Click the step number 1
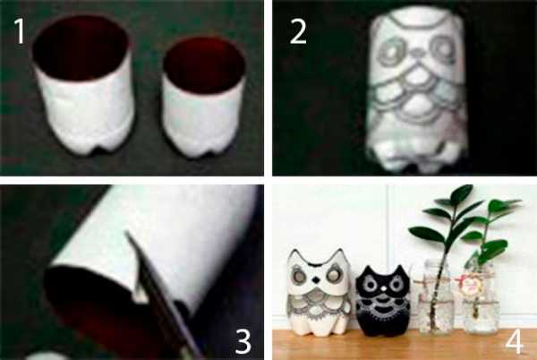tap(20, 31)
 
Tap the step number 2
tap(298, 32)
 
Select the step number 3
tap(243, 341)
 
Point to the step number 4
tap(515, 341)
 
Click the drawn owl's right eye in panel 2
tap(443, 49)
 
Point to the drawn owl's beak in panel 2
tap(418, 53)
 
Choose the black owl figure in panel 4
tap(383, 297)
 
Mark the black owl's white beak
tap(384, 289)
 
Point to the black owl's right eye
tap(396, 284)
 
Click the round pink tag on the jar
tap(468, 287)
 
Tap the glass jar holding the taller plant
tap(433, 296)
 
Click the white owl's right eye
tap(333, 276)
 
